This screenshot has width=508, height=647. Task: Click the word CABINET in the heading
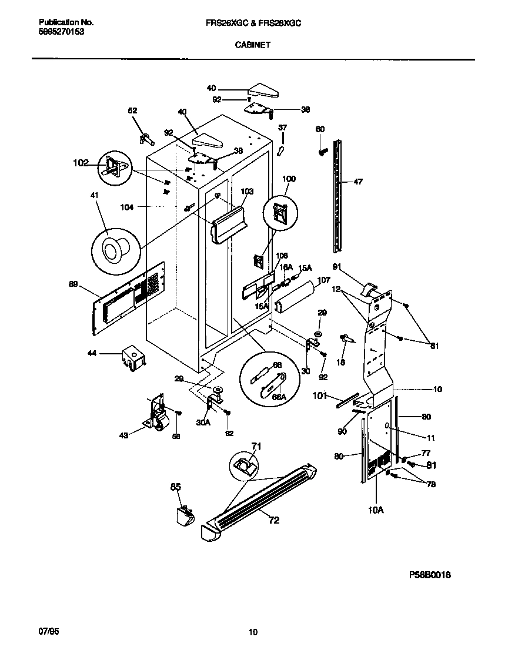pos(253,44)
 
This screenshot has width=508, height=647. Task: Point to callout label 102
pos(81,163)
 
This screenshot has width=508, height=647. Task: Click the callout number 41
pos(95,196)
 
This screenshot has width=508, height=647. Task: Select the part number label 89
pos(73,284)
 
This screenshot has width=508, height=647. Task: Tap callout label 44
pos(92,353)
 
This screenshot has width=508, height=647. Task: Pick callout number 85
pos(176,486)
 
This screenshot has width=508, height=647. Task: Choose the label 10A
pos(376,510)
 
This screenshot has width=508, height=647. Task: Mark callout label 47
pos(358,182)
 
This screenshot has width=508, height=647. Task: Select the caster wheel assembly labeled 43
pos(155,414)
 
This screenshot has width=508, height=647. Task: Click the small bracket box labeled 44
pos(133,358)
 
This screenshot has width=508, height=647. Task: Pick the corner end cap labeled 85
pos(184,516)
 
